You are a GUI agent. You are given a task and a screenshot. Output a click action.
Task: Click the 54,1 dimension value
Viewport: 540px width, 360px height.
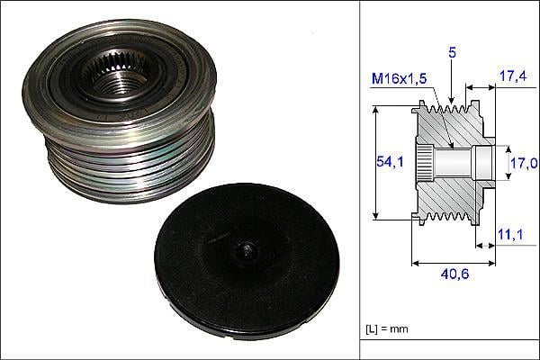click(390, 161)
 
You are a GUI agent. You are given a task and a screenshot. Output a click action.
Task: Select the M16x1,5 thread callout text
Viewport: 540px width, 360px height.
click(399, 79)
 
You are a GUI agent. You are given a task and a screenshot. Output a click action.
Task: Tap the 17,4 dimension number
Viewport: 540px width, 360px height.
click(513, 76)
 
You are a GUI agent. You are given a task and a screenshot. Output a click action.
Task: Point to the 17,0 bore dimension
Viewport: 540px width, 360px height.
click(524, 163)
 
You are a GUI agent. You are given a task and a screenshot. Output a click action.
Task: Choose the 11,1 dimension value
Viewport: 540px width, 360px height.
click(510, 235)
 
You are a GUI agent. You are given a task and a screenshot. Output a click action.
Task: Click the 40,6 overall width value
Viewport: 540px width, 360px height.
click(454, 274)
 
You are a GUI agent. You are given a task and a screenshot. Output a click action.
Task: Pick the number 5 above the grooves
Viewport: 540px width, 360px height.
click(452, 52)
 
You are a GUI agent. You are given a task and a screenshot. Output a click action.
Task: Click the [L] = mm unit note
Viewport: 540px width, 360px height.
click(387, 328)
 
